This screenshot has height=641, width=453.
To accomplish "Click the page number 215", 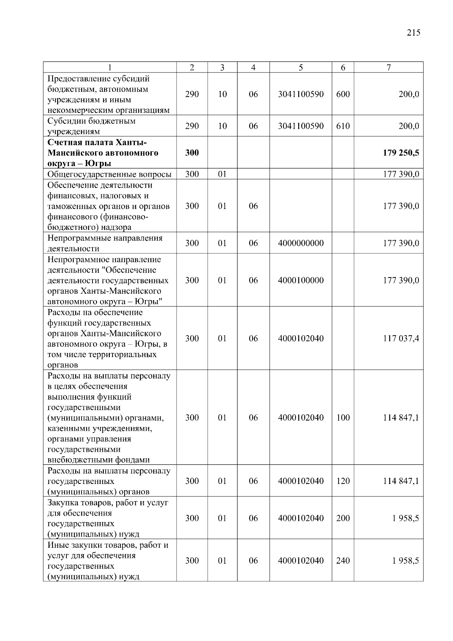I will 413,32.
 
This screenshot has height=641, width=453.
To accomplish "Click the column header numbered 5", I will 300,68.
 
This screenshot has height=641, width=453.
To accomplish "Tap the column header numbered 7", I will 388,68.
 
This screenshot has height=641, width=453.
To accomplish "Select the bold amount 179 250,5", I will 401,153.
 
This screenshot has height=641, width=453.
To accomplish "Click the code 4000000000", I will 300,243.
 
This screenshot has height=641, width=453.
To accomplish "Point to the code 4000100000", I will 300,280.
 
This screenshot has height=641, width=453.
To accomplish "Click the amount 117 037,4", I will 401,338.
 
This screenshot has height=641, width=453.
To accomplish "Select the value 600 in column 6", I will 343,94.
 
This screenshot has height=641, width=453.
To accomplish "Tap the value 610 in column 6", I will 343,126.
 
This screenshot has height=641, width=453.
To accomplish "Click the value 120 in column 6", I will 343,481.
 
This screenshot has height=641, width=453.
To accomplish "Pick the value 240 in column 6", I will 343,561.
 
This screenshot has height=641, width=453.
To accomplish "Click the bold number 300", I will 192,153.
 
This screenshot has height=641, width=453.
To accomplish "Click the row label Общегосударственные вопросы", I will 109,174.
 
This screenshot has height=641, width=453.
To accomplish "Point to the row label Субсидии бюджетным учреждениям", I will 91,126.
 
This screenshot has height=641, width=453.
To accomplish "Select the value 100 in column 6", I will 343,418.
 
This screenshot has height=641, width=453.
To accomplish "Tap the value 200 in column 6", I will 343,518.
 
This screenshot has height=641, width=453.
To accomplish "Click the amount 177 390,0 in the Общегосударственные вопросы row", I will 401,174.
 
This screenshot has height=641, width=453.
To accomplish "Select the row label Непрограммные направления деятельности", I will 105,243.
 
